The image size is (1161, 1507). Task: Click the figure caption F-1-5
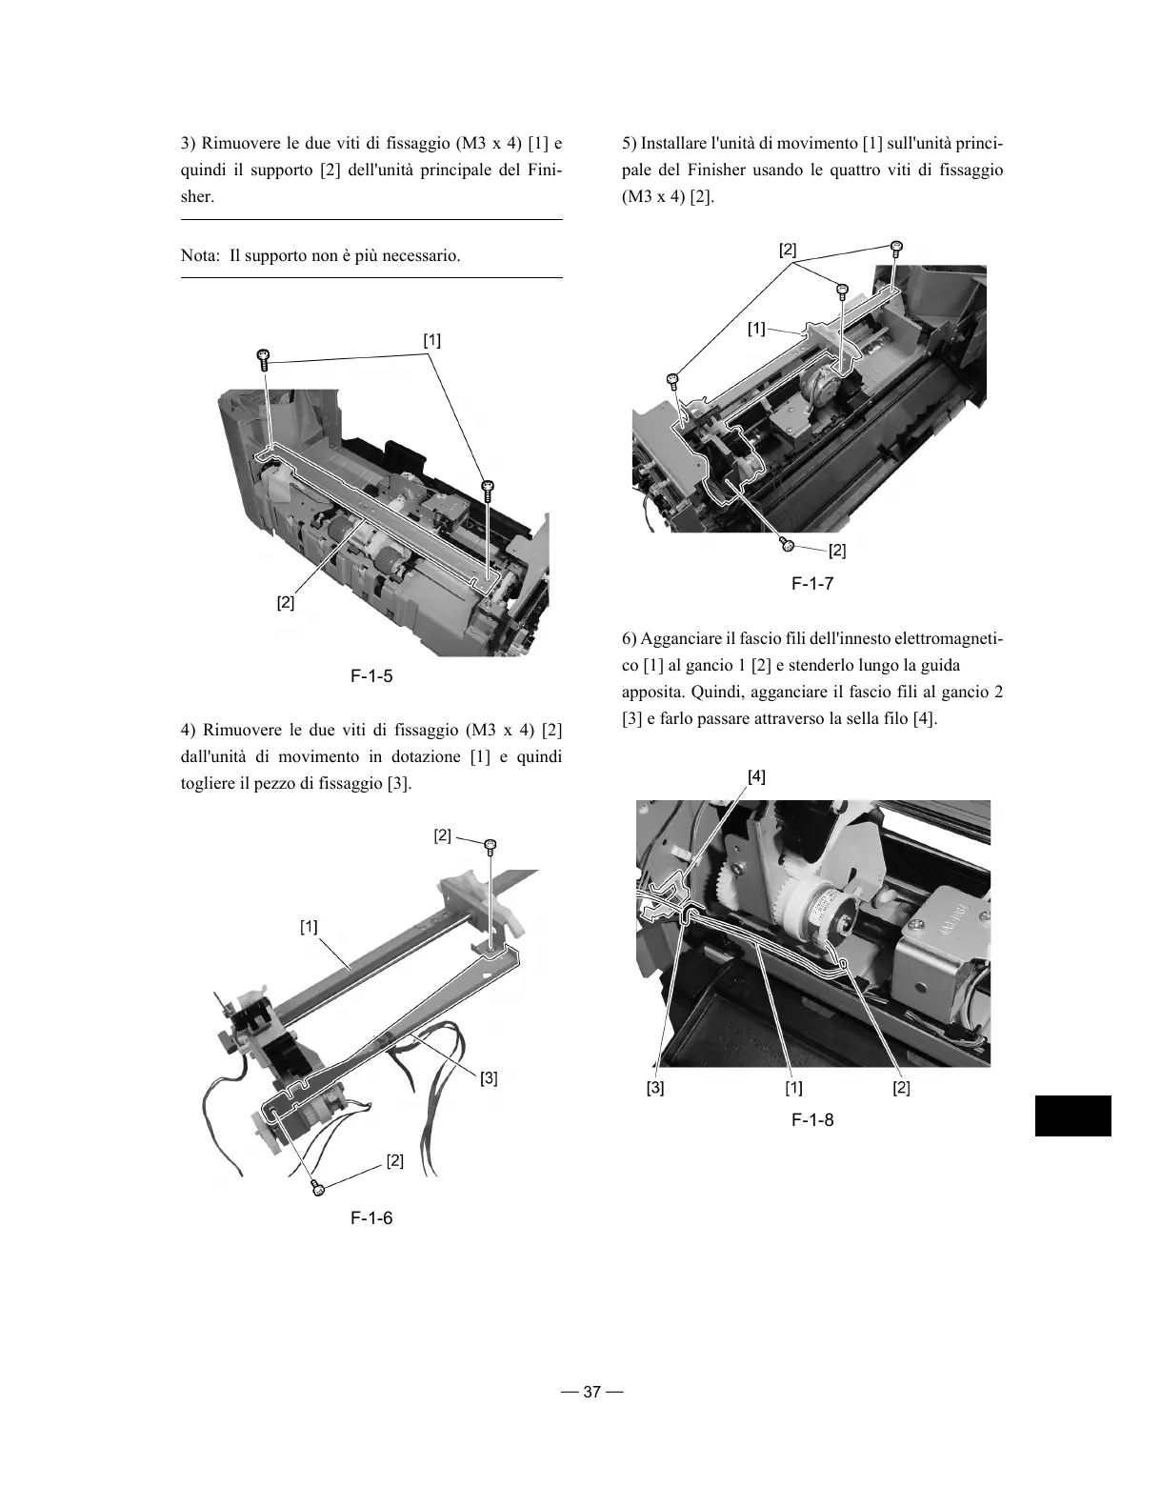click(371, 677)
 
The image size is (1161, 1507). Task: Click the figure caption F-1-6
click(371, 1218)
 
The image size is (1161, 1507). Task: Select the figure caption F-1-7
click(812, 584)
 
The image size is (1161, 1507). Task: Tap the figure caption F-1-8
click(812, 1120)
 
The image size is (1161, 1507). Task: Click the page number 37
click(591, 1392)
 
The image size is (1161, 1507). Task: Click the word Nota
click(200, 256)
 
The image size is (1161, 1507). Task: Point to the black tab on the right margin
click(1072, 1116)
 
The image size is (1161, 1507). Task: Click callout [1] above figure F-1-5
click(431, 340)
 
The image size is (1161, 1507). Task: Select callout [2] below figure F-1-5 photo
click(286, 603)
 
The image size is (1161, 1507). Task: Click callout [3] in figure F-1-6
click(489, 1078)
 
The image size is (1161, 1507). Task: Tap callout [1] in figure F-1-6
click(310, 926)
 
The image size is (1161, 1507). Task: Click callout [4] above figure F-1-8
click(755, 776)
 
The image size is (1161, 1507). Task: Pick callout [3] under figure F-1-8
click(655, 1088)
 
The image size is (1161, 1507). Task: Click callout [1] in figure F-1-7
click(756, 329)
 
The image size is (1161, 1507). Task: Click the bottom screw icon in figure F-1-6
click(319, 1187)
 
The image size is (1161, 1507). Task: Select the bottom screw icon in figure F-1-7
click(788, 544)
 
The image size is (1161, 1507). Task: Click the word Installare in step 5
click(674, 144)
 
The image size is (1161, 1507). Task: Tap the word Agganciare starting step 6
click(683, 638)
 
